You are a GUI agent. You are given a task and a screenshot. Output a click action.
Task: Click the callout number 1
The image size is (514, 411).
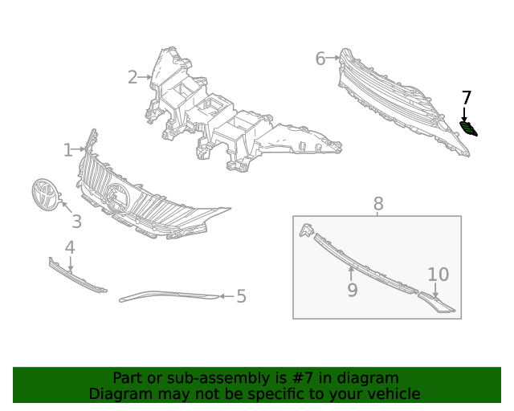(67, 150)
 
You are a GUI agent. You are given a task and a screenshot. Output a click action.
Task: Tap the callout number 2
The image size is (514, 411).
(133, 77)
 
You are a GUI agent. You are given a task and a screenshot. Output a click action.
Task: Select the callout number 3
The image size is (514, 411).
(77, 222)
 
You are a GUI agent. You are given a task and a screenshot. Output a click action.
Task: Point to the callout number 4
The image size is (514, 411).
(70, 247)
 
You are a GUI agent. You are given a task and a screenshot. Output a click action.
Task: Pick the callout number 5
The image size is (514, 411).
(241, 296)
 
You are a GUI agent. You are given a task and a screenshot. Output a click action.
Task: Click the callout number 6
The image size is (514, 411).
(320, 59)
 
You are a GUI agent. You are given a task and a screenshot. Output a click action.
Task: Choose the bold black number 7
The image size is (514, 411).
(466, 98)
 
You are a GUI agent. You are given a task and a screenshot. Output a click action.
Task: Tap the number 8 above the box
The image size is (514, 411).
(378, 204)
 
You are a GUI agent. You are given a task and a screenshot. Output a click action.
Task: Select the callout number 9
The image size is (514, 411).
(353, 290)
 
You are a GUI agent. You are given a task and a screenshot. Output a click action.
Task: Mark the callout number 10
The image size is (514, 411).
(439, 275)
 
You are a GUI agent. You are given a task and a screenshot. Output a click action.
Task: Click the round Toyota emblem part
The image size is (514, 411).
(45, 195)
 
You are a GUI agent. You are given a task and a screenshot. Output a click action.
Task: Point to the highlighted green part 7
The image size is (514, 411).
(468, 128)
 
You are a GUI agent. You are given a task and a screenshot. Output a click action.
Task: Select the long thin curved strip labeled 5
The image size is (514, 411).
(169, 295)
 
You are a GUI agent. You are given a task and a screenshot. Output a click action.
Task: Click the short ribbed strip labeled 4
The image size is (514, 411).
(77, 275)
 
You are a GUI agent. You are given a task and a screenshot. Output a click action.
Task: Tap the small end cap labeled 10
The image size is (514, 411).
(436, 302)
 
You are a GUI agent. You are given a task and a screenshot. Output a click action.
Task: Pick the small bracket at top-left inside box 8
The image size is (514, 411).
(306, 230)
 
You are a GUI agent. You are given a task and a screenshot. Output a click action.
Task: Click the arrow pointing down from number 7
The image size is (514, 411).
(464, 114)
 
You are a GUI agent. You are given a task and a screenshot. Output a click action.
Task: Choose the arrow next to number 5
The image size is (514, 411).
(226, 296)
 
